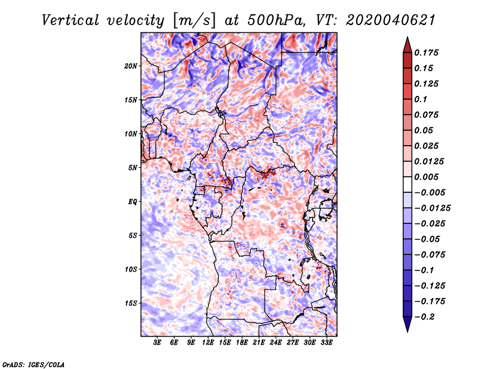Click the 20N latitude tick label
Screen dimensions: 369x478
click(x=131, y=66)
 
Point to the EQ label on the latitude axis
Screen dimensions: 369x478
click(x=132, y=202)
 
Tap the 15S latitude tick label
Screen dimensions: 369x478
click(x=131, y=303)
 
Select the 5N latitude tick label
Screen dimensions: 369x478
click(x=133, y=168)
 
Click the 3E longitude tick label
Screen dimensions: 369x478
click(x=157, y=343)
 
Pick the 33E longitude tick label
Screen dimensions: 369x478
click(x=326, y=343)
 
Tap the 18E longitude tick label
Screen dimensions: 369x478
click(x=242, y=343)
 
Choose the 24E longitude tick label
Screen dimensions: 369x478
click(x=275, y=343)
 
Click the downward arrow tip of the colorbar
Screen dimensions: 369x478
click(x=407, y=330)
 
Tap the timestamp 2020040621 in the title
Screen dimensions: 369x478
click(x=386, y=20)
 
